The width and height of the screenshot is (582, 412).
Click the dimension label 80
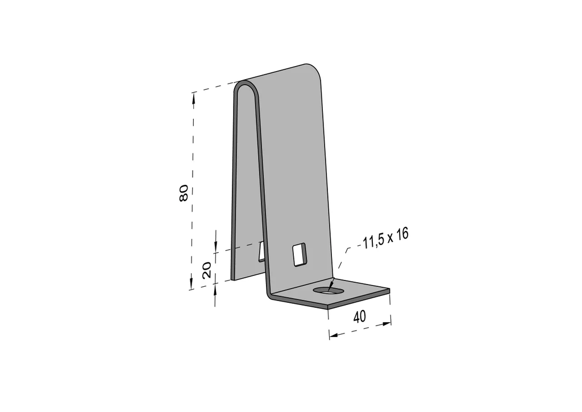tap(184, 193)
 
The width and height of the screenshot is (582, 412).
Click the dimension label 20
tap(207, 270)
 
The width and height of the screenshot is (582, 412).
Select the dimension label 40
tap(359, 317)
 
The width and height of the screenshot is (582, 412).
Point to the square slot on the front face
tap(299, 254)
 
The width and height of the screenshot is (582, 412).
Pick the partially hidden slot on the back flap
tap(261, 251)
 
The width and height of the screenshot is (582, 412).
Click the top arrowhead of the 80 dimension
tap(193, 98)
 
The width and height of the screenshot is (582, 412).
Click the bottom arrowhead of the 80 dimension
tap(191, 283)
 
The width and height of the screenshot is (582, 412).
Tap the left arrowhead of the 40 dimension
tap(335, 335)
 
